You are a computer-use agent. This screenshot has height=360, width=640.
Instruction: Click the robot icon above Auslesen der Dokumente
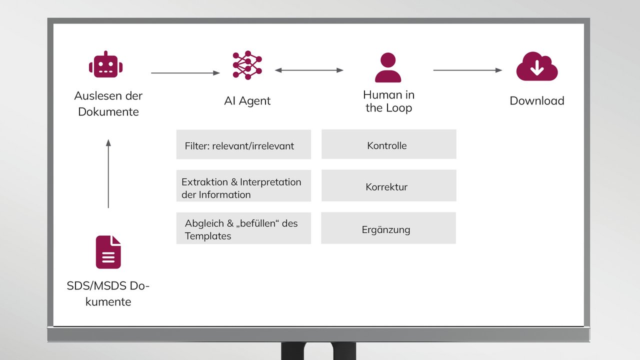105,64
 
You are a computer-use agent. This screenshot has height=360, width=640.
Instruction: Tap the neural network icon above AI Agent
247,65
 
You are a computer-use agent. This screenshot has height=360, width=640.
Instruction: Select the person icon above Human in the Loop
388,67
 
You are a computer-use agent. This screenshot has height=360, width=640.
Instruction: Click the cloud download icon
537,66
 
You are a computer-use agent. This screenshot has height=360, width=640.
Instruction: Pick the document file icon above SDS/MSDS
108,252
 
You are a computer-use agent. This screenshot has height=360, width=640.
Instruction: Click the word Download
537,101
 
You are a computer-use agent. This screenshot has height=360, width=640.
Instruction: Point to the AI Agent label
247,101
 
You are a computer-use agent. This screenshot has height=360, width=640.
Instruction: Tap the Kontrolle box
389,144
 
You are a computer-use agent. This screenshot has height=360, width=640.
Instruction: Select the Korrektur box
389,185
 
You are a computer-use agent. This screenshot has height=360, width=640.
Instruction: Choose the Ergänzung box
388,228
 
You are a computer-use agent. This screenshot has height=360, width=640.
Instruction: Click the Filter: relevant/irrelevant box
243,144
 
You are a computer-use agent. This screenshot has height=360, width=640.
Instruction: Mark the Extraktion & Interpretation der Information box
243,185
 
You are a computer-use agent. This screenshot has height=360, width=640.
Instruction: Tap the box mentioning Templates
243,228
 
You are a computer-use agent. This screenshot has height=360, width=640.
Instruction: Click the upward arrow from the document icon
108,173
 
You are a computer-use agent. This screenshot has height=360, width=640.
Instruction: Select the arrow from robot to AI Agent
185,73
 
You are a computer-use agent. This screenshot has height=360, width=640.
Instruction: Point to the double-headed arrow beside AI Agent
309,70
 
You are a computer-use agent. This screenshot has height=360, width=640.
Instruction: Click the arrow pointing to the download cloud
467,70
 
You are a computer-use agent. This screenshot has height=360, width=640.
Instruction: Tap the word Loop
399,108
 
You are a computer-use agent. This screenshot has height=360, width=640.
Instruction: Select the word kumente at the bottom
108,301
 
